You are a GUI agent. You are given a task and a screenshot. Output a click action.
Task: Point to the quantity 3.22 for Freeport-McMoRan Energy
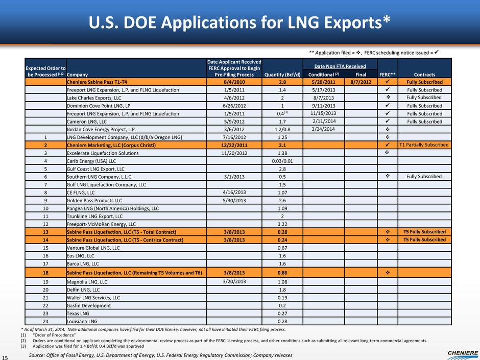pos(281,224)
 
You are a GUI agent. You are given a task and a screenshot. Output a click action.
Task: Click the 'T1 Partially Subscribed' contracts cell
pos(424,145)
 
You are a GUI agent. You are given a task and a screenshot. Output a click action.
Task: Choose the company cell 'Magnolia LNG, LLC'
pos(87,281)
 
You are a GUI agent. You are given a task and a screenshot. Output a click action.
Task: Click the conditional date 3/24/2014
pos(322,129)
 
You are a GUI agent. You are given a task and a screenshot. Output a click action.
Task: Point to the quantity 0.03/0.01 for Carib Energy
pos(281,161)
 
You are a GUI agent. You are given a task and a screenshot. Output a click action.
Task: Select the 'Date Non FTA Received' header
pos(339,66)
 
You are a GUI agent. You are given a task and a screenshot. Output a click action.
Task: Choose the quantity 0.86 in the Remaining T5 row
pos(281,273)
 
